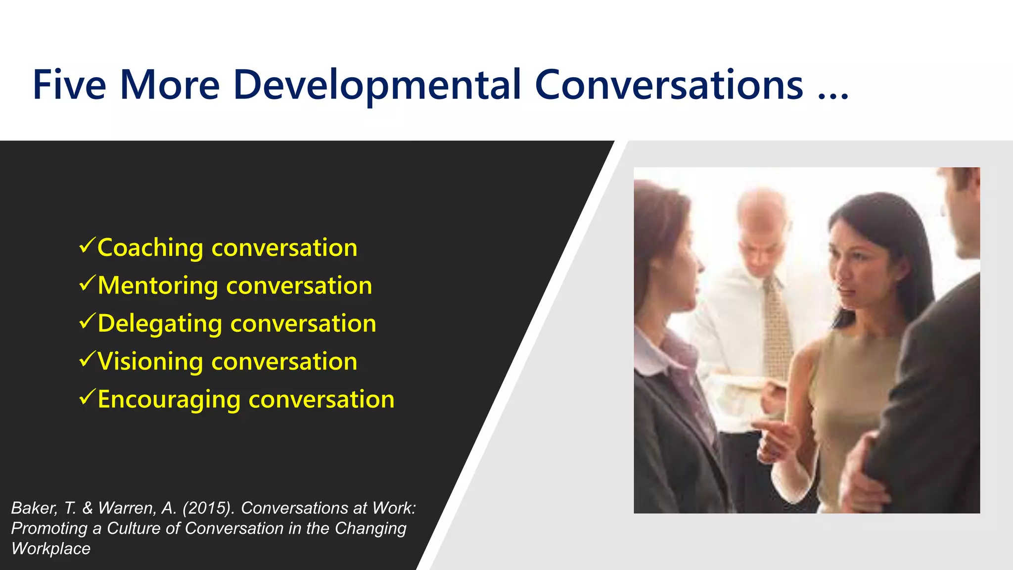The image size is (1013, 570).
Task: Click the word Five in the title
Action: [69, 85]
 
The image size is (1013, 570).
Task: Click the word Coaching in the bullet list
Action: [150, 248]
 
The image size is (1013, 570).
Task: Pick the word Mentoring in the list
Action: [157, 285]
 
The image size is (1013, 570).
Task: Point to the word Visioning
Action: [150, 362]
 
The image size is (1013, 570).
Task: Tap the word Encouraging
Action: [169, 400]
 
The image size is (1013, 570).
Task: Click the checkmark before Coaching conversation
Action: [87, 245]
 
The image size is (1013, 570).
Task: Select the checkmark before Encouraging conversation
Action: [87, 397]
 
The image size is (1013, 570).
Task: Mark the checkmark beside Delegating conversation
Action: [87, 321]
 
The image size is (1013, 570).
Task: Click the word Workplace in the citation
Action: [51, 549]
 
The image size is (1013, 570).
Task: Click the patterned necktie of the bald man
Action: [777, 327]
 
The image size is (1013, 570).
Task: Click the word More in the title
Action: [170, 85]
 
